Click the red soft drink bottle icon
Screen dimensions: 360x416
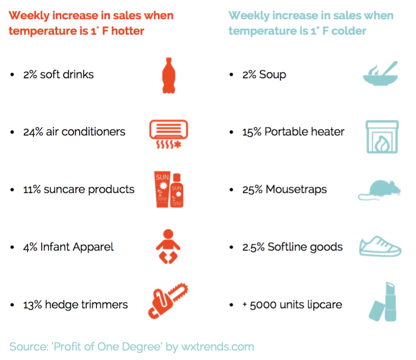pos(168,75)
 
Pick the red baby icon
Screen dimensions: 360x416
pos(168,246)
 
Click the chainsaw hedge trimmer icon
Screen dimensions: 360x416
pos(167,302)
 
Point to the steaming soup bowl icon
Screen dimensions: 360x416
pos(380,74)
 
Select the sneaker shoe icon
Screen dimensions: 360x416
pos(380,247)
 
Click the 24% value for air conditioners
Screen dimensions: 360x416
pos(33,132)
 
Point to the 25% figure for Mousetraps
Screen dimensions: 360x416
pos(252,190)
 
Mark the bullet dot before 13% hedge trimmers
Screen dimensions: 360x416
pos(12,305)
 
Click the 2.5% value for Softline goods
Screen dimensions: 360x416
pos(253,247)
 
